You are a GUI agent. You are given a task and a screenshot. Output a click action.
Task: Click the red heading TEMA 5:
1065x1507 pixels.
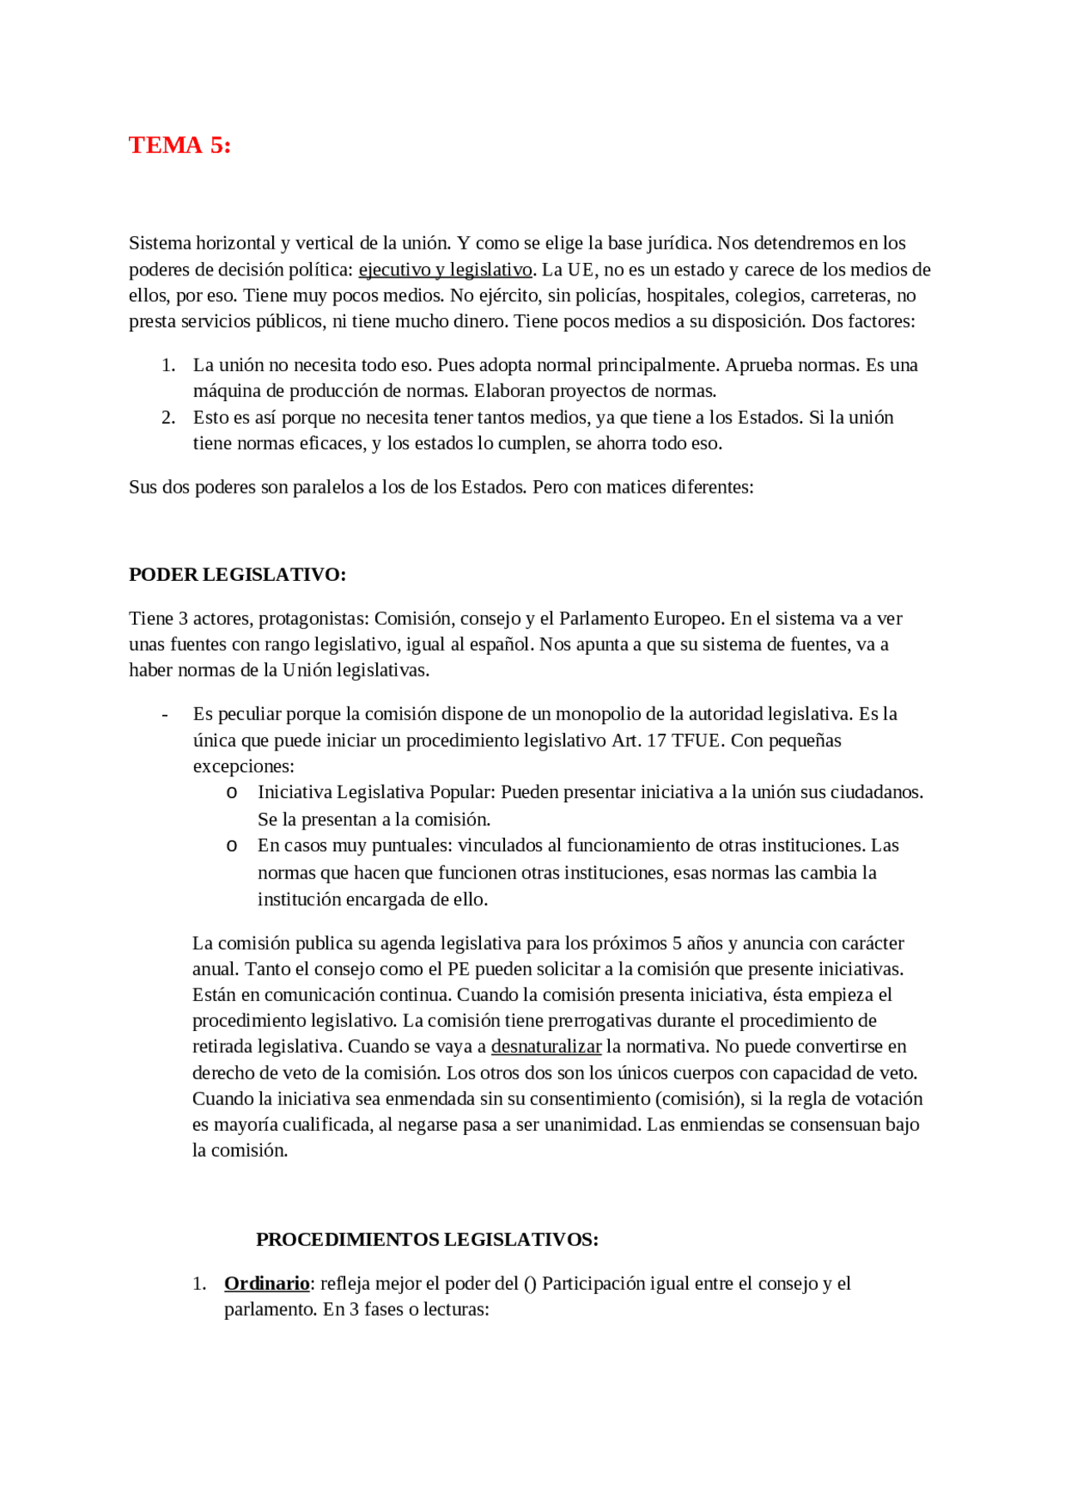point(180,145)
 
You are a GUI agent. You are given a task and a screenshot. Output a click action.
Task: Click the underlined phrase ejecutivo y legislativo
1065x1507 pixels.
point(445,270)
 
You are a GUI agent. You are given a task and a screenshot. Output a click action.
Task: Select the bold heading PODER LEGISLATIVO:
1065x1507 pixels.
point(237,575)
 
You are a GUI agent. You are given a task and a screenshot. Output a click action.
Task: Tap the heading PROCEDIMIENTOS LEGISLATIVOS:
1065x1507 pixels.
point(427,1240)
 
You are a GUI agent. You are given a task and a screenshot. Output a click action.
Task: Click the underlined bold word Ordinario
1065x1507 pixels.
point(266,1284)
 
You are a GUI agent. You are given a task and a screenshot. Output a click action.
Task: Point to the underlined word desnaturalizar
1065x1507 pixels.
point(546,1047)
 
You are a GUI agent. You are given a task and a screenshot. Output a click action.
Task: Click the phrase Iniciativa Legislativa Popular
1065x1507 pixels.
point(376,792)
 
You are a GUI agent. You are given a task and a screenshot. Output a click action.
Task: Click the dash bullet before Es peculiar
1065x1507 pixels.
point(165,715)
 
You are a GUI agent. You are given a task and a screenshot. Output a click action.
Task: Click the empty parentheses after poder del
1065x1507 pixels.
point(530,1284)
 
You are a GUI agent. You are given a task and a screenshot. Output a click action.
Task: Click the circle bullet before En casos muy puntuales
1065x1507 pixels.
point(232,846)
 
